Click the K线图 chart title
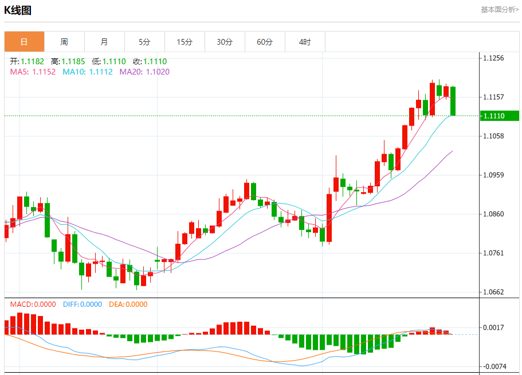pos(18,10)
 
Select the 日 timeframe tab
pos(24,42)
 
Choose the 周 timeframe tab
pos(64,42)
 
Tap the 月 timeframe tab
pos(104,42)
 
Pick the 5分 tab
pos(144,42)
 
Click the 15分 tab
pos(185,42)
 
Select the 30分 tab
pos(225,42)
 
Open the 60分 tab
pos(265,42)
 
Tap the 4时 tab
pos(305,42)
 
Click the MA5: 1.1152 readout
pos(33,72)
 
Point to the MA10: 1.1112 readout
pos(88,72)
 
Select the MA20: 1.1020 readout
pos(144,72)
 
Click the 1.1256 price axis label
pos(493,58)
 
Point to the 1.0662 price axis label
pos(493,292)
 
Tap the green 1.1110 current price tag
pos(499,116)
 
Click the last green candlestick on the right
pos(453,101)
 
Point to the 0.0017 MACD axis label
pos(493,327)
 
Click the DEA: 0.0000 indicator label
pos(128,304)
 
